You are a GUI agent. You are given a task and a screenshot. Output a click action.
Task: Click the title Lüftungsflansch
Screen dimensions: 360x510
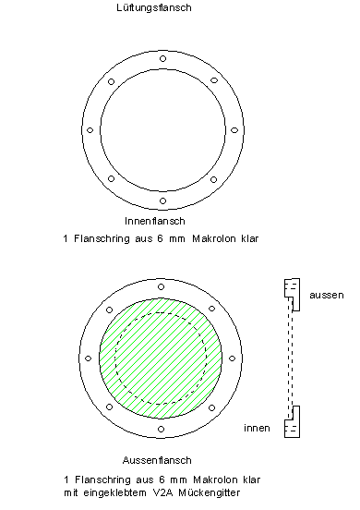pos(154,7)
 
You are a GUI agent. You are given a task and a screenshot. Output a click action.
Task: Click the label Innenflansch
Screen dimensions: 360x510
pos(155,221)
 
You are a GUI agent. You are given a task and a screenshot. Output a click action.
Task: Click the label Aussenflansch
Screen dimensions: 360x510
pos(157,460)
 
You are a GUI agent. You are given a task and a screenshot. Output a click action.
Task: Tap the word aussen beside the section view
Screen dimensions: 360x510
pos(327,296)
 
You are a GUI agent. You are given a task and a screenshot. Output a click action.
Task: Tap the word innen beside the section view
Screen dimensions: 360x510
pos(257,428)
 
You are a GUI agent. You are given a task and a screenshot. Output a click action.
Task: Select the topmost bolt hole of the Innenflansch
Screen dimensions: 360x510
pos(162,59)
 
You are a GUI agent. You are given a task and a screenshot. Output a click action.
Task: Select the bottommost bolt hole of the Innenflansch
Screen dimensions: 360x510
pos(162,201)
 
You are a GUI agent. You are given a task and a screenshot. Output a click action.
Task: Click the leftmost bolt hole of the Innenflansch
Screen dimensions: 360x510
pos(90,130)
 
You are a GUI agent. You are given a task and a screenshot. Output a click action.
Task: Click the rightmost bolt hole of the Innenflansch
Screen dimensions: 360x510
pos(234,130)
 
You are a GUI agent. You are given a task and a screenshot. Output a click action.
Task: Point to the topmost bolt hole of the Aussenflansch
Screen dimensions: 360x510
pos(162,286)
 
